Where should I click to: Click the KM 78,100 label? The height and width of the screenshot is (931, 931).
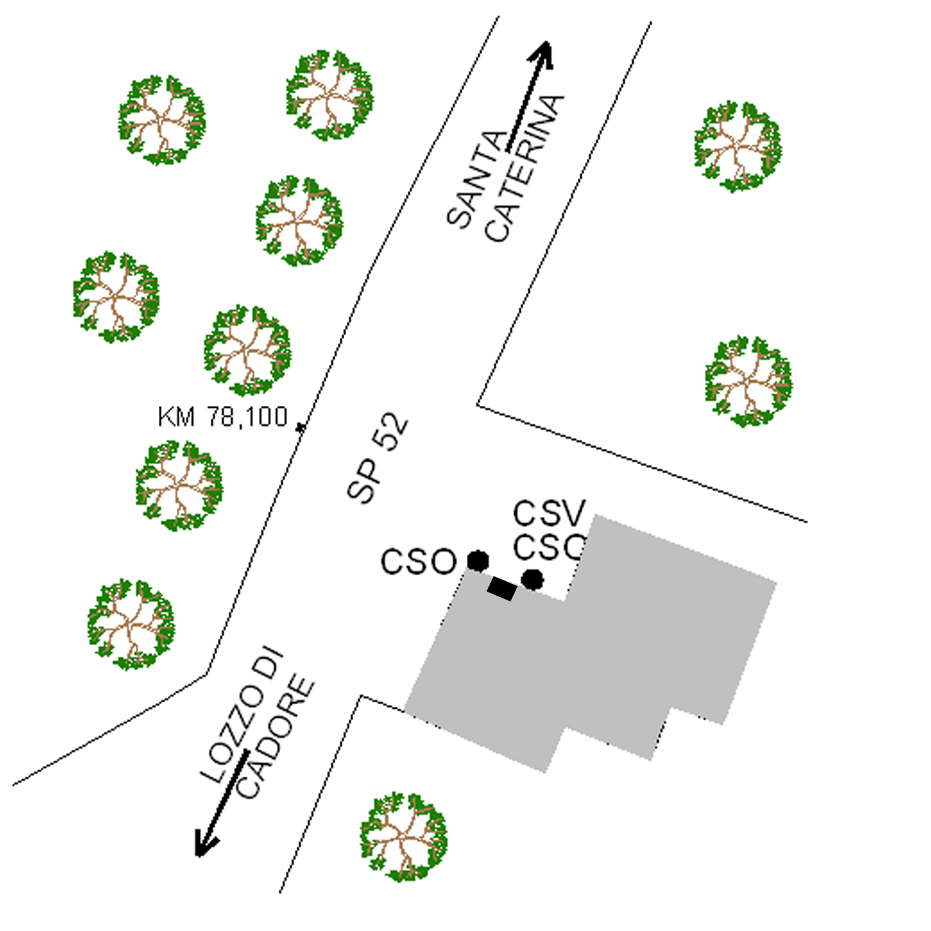[x=222, y=417]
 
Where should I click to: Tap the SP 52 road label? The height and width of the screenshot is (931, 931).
[x=377, y=458]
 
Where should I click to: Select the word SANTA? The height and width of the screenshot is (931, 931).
[x=476, y=179]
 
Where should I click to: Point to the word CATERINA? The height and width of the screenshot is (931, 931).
[x=525, y=168]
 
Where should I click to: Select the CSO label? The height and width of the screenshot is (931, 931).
[x=419, y=562]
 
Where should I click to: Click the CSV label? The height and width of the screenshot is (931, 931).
[x=549, y=513]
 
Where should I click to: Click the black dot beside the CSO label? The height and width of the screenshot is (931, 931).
[x=478, y=561]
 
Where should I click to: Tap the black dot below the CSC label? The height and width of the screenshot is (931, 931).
[x=532, y=579]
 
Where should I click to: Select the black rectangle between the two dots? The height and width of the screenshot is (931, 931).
[x=502, y=589]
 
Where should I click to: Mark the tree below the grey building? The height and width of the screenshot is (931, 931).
[x=403, y=836]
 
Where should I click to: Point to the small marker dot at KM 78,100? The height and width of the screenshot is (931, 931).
[x=300, y=427]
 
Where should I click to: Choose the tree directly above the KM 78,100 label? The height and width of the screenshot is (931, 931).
[x=247, y=351]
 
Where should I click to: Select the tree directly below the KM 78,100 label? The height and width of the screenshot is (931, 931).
[x=179, y=486]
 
